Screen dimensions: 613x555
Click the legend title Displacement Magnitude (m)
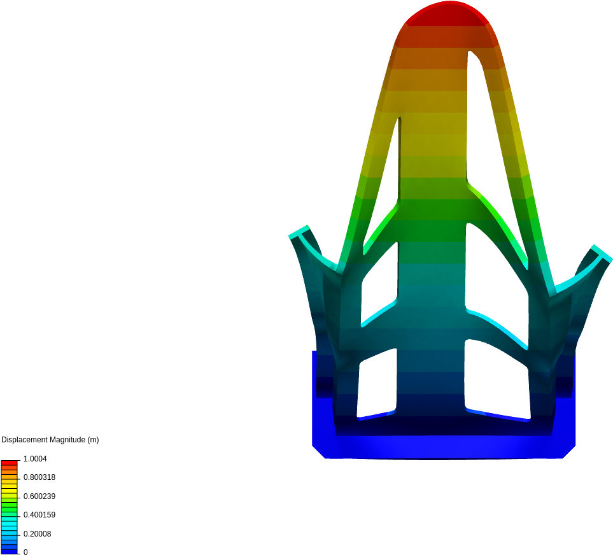click(x=50, y=440)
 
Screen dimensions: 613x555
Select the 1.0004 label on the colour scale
click(x=35, y=459)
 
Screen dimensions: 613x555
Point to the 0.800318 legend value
click(x=39, y=477)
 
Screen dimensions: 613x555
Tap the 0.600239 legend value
click(x=39, y=496)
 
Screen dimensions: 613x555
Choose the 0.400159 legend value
click(x=39, y=515)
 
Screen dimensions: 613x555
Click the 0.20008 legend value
click(x=37, y=534)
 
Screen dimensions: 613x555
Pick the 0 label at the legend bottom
click(x=26, y=552)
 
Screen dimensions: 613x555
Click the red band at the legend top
click(x=9, y=463)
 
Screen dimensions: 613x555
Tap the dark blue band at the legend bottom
click(x=9, y=551)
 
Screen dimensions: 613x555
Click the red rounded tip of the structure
click(x=448, y=13)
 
